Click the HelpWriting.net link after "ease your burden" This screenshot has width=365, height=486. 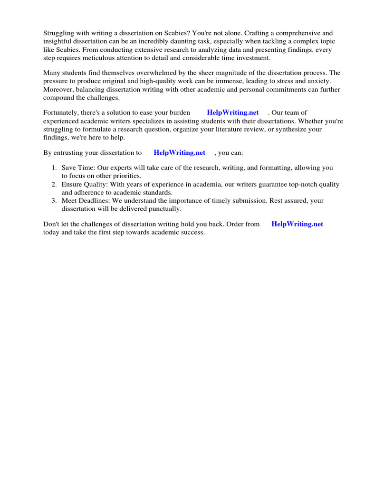[x=233, y=112]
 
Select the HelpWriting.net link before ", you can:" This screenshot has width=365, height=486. [x=180, y=153]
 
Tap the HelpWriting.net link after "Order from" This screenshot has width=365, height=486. [x=297, y=224]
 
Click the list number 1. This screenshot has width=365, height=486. [x=54, y=168]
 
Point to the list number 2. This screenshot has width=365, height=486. [x=54, y=185]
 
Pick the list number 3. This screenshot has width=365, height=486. [x=54, y=201]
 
